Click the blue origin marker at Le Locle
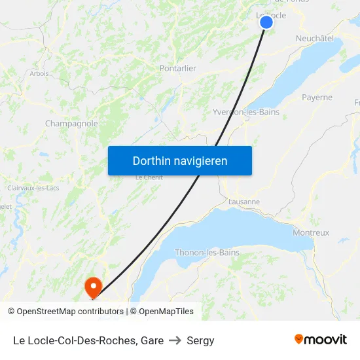pyautogui.click(x=266, y=22)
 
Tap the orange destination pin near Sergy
pyautogui.click(x=93, y=285)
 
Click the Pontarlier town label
pyautogui.click(x=178, y=68)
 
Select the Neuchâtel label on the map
pyautogui.click(x=315, y=39)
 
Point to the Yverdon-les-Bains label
pyautogui.click(x=246, y=112)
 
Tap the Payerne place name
pyautogui.click(x=317, y=98)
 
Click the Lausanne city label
pyautogui.click(x=244, y=202)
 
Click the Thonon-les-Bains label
pyautogui.click(x=207, y=253)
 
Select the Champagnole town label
pyautogui.click(x=71, y=123)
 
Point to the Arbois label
pyautogui.click(x=39, y=73)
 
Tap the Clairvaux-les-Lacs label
pyautogui.click(x=33, y=188)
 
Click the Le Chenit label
pyautogui.click(x=148, y=177)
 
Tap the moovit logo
pyautogui.click(x=321, y=339)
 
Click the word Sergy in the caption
pyautogui.click(x=200, y=340)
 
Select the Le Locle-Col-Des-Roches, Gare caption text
pyautogui.click(x=88, y=340)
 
